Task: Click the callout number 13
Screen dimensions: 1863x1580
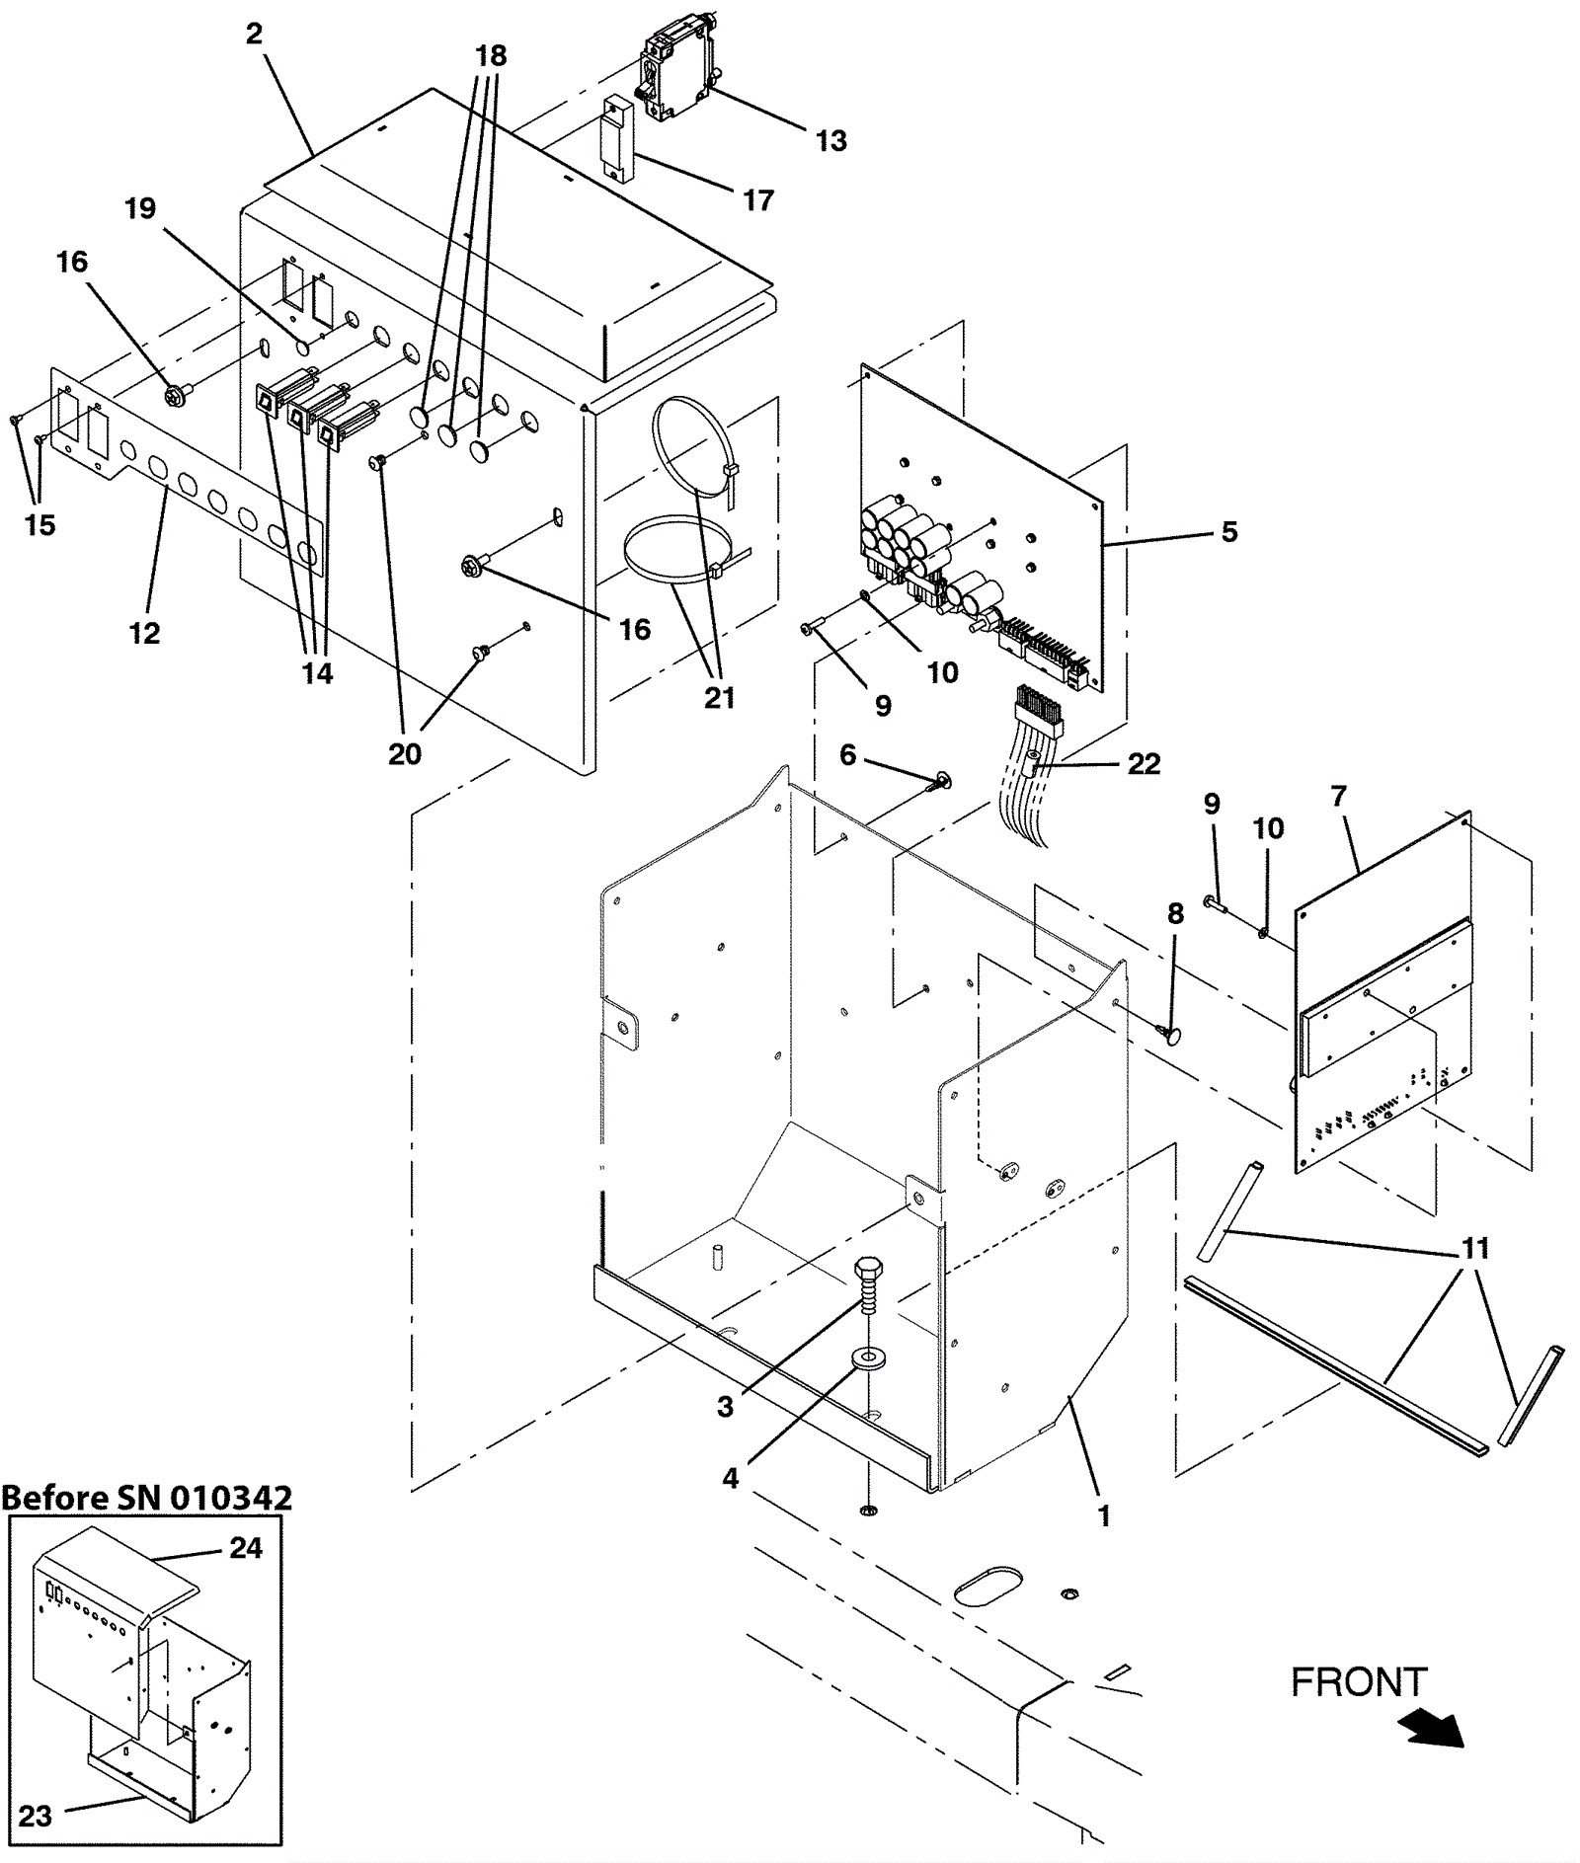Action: click(830, 141)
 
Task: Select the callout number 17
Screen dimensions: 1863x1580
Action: click(757, 200)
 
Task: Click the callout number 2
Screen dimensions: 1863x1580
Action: click(254, 35)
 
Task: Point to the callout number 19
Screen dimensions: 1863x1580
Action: click(140, 208)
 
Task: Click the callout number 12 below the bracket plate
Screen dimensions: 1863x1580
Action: click(144, 633)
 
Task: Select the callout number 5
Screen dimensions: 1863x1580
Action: click(1228, 532)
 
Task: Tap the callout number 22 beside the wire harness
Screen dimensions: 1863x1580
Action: click(1144, 763)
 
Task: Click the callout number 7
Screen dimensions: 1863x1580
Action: click(1338, 796)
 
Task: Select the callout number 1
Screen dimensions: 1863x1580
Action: click(1104, 1515)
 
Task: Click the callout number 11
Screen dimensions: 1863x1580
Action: click(1474, 1249)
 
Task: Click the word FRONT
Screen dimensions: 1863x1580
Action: click(1359, 1682)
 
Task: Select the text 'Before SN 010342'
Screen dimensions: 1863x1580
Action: click(146, 1497)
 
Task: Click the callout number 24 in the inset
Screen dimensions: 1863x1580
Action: click(245, 1548)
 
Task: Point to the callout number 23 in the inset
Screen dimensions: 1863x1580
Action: click(35, 1816)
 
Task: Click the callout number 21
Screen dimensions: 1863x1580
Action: click(719, 698)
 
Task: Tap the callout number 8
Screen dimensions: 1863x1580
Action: click(1174, 914)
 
